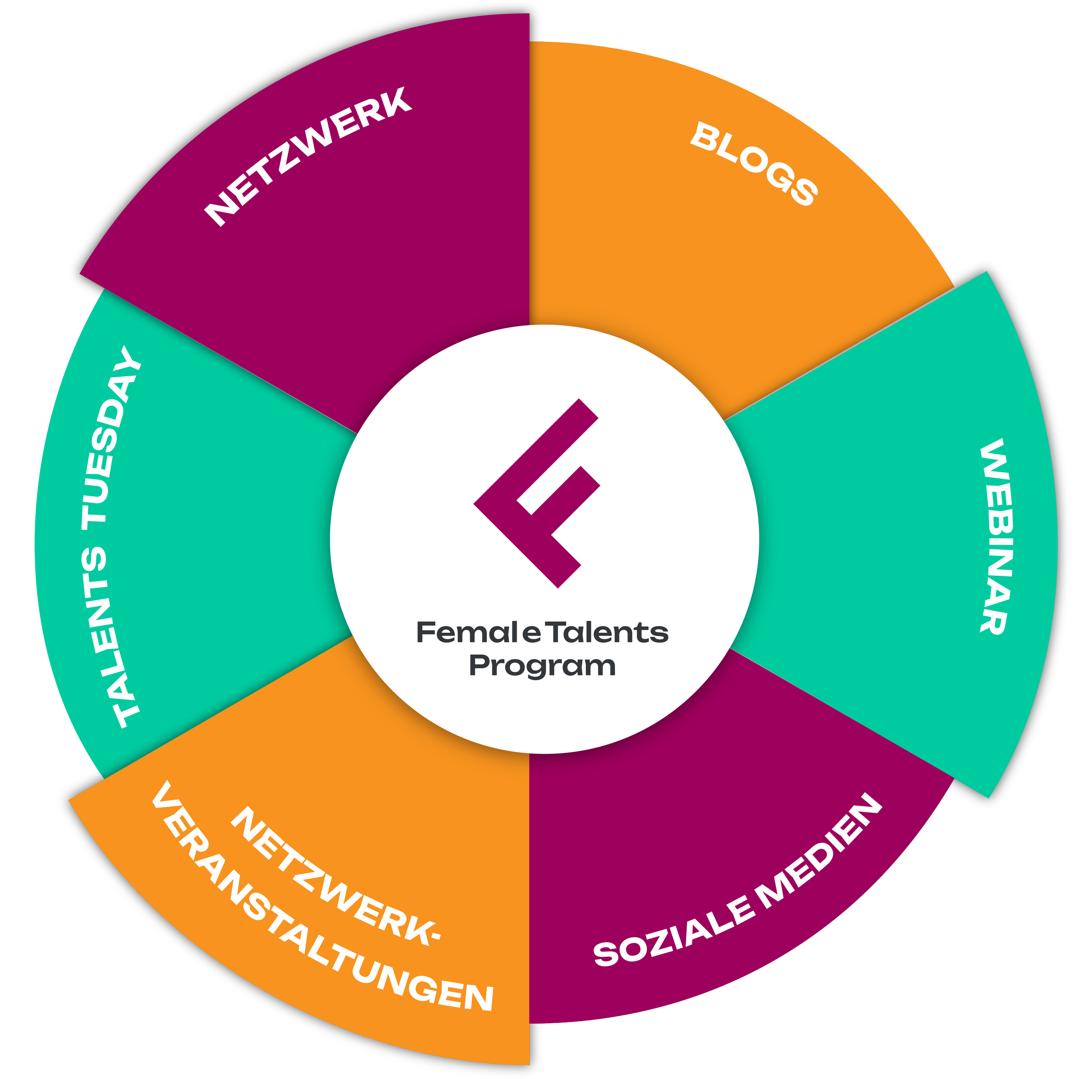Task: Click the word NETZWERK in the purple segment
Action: pyautogui.click(x=308, y=156)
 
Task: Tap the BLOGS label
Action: pyautogui.click(x=754, y=164)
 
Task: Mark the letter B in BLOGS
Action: pyautogui.click(x=705, y=136)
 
